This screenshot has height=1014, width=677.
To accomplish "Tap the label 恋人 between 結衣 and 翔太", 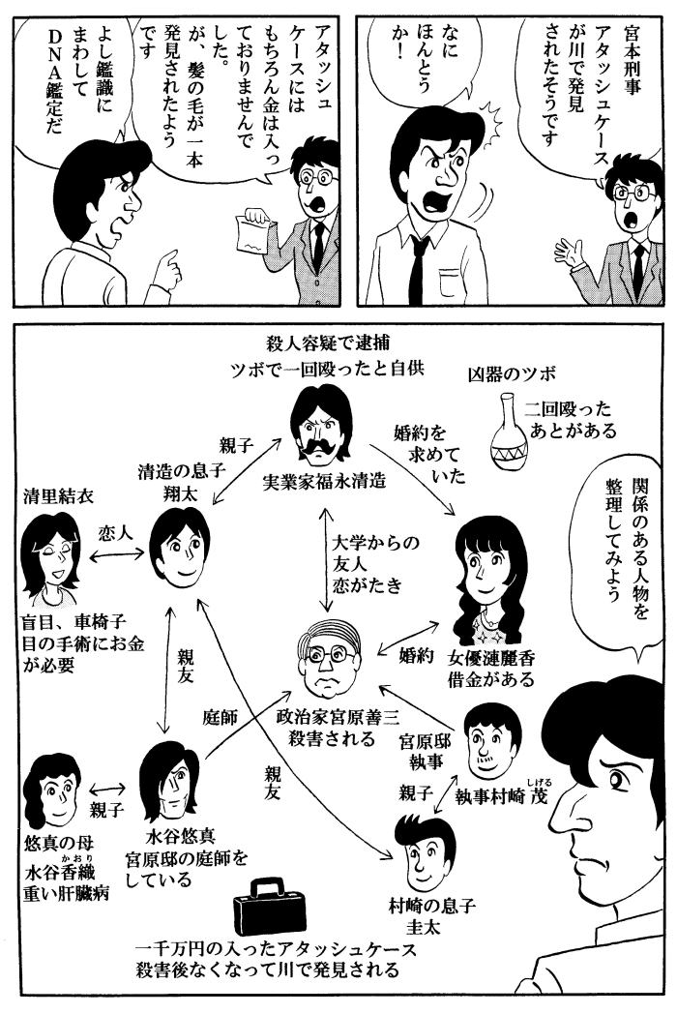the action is [x=116, y=533].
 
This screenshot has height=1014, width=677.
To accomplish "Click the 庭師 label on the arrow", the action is [x=221, y=717].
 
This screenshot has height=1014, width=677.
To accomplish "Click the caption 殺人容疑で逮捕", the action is [x=329, y=343].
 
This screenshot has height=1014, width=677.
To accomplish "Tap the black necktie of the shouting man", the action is [x=419, y=267].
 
